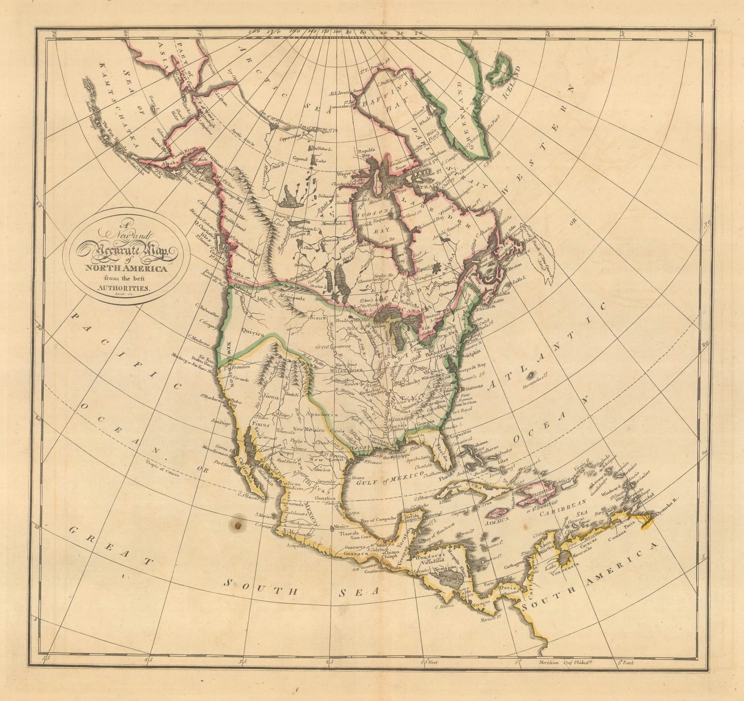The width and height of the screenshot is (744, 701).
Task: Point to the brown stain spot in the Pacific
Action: click(x=239, y=525)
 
